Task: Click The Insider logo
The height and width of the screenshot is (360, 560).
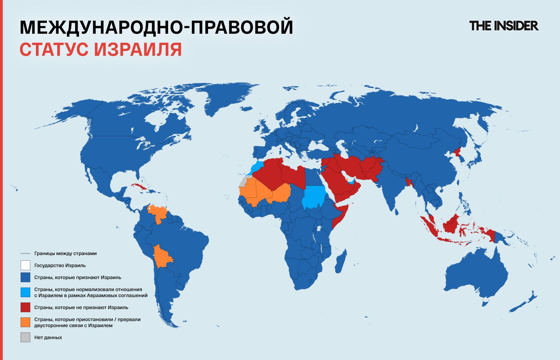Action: point(503,26)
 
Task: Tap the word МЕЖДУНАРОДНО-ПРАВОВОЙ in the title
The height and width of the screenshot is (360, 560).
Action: point(156,27)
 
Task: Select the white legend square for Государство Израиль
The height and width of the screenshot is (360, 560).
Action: point(25,265)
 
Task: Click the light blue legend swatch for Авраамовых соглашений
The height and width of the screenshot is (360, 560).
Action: point(25,292)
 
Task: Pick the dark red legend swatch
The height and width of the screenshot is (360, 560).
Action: point(25,307)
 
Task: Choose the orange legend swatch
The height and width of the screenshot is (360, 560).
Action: point(25,322)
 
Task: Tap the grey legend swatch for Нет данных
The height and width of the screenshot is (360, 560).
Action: point(25,337)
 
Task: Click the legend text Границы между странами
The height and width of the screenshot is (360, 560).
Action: point(65,253)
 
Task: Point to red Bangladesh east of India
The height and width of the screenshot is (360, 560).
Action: point(409,182)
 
